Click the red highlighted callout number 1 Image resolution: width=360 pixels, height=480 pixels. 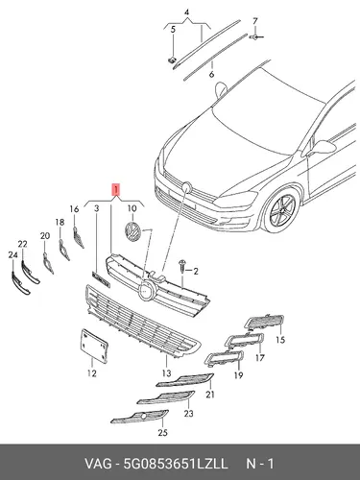(115, 189)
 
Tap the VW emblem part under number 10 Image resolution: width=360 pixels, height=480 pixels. (132, 231)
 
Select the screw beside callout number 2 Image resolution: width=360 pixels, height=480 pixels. (182, 266)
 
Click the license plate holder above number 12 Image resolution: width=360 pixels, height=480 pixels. (93, 346)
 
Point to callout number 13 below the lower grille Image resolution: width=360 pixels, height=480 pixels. (166, 372)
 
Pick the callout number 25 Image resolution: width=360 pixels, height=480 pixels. (162, 433)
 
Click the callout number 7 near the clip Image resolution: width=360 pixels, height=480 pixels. (254, 21)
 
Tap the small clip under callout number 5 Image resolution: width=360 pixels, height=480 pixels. (173, 60)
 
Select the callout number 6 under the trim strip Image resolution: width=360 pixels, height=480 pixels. (211, 75)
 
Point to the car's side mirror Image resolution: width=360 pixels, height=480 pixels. (323, 147)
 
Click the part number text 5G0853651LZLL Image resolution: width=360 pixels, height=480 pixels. (176, 464)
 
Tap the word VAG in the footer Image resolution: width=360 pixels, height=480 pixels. (98, 464)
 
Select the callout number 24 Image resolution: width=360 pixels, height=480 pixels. (12, 255)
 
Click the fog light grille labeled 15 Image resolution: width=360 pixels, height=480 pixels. (264, 322)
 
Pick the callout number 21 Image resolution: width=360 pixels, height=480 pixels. (210, 395)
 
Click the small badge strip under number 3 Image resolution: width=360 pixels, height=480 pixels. (101, 279)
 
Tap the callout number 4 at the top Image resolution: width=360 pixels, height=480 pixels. (186, 12)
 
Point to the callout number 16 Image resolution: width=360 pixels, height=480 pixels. (74, 209)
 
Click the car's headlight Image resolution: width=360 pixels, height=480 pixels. (236, 199)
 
